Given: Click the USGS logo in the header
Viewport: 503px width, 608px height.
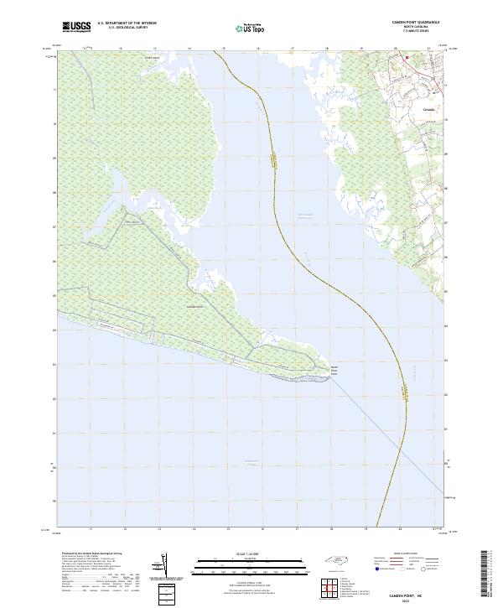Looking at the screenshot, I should [x=76, y=27].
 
